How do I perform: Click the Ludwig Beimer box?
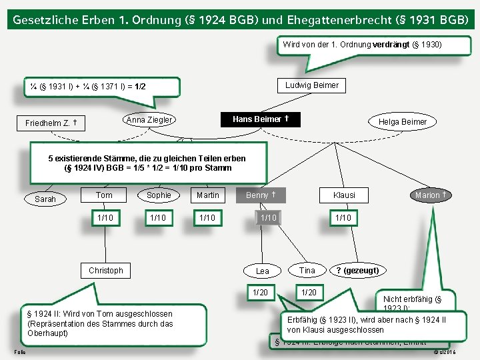click(x=311, y=85)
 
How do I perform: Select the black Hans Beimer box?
click(x=260, y=119)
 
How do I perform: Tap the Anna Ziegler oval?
click(x=149, y=120)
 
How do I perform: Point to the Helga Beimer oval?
click(x=403, y=121)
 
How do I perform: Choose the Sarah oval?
click(x=45, y=199)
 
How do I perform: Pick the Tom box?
click(x=104, y=195)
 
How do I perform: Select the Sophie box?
click(x=159, y=195)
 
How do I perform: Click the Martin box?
click(x=208, y=195)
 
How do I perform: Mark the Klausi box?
click(x=344, y=195)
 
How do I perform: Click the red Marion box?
click(x=430, y=195)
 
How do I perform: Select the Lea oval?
click(x=263, y=271)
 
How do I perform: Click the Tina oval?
click(x=307, y=270)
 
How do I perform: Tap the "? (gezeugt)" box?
click(x=357, y=270)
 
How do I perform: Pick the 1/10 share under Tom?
click(x=105, y=218)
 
